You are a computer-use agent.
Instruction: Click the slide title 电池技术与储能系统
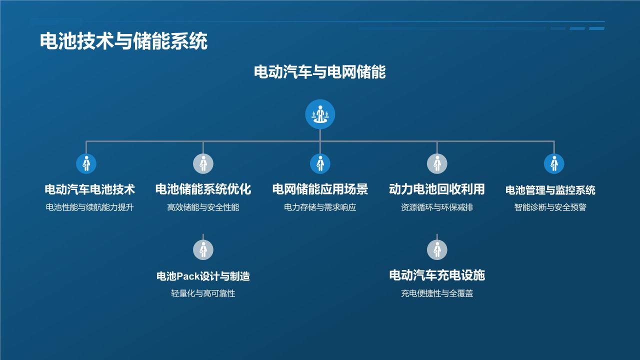pos(123,41)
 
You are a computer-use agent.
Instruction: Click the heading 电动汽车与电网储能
pos(320,72)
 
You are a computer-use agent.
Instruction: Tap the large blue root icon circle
pos(320,114)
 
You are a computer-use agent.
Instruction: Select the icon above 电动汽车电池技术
pos(86,163)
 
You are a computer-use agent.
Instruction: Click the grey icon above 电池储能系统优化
pos(203,163)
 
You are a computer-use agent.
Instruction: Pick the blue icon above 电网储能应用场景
pos(320,163)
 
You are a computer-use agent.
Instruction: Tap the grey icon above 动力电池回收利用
pos(437,163)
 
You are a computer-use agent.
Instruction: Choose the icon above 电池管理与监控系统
pos(554,163)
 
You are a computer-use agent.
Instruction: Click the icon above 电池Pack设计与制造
pos(203,249)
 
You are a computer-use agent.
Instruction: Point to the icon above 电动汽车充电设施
pos(437,249)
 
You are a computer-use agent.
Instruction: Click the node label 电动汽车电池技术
pos(89,189)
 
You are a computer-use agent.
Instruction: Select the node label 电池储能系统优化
pos(203,189)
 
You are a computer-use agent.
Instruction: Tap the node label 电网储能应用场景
pos(320,189)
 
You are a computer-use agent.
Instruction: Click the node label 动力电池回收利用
pos(437,189)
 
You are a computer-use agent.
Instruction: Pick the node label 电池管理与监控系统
pos(550,190)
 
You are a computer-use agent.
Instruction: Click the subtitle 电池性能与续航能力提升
pos(89,207)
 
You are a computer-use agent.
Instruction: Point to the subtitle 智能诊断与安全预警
pos(550,207)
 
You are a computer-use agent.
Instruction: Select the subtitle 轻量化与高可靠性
pos(203,293)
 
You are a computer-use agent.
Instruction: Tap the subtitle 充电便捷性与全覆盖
pos(437,293)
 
